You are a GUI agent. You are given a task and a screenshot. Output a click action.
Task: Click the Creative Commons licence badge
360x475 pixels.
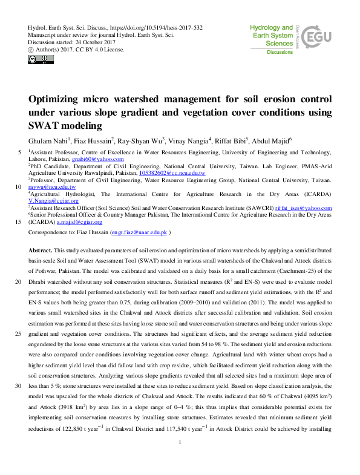click(x=37, y=59)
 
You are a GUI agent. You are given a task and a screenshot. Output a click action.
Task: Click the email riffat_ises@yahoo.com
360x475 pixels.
click(x=303, y=208)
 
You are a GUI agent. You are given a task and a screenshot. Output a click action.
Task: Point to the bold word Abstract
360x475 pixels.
click(x=40, y=250)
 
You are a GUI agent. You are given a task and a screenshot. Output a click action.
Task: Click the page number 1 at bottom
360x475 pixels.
click(x=180, y=460)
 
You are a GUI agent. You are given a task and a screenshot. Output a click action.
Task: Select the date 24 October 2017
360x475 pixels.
click(x=94, y=42)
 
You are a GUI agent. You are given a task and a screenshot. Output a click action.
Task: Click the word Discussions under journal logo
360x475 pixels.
click(x=280, y=52)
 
